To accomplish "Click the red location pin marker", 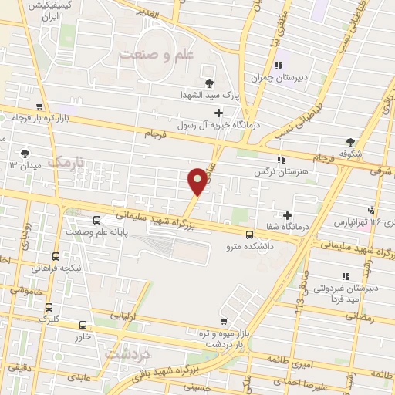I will pos(197,181).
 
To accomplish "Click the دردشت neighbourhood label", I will pos(124,353).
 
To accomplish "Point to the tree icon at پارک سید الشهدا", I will pos(208,83).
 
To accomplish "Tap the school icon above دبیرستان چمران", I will pos(279,65).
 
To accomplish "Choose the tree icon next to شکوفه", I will pos(351,141).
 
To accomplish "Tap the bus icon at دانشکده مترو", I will pos(248,235).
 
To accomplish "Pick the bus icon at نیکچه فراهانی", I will pos(56,256).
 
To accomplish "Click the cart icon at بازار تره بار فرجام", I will pos(39,107).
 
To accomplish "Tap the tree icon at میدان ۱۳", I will pos(27,153).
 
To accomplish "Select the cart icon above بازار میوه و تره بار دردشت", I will pos(224,321).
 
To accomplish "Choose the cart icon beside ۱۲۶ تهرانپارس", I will pos(372,209).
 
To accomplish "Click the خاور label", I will pos(83,336).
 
